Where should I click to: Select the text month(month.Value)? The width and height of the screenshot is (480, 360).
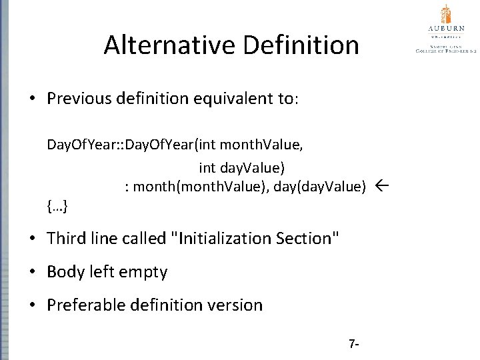201,187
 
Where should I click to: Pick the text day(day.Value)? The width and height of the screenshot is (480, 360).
317,187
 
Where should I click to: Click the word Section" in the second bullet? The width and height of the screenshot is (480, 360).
309,238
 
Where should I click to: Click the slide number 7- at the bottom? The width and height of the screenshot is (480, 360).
354,345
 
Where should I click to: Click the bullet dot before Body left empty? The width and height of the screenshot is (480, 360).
32,272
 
